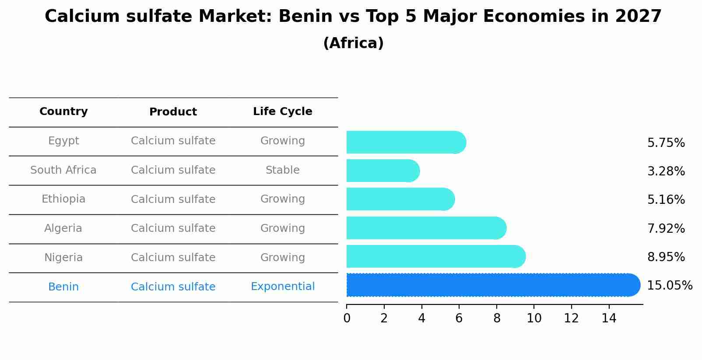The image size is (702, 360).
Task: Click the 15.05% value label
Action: tap(669, 286)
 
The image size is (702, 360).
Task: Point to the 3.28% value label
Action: tap(666, 171)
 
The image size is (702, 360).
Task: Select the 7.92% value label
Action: tap(666, 228)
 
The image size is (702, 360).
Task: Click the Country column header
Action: tap(63, 112)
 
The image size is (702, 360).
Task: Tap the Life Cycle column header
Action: tap(282, 112)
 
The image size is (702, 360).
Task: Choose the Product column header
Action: tap(173, 112)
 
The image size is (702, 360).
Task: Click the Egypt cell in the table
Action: tap(63, 141)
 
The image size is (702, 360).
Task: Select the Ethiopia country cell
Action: tap(63, 199)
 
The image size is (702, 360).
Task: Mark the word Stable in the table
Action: tap(282, 170)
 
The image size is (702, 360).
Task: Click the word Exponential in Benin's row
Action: tap(282, 287)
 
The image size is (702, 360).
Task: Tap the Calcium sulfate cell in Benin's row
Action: tap(173, 287)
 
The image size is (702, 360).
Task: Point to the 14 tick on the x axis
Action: tap(609, 318)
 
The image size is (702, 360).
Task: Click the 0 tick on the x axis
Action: tap(347, 318)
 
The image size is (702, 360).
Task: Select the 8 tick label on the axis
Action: tap(496, 318)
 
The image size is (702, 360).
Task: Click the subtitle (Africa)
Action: tap(353, 43)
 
